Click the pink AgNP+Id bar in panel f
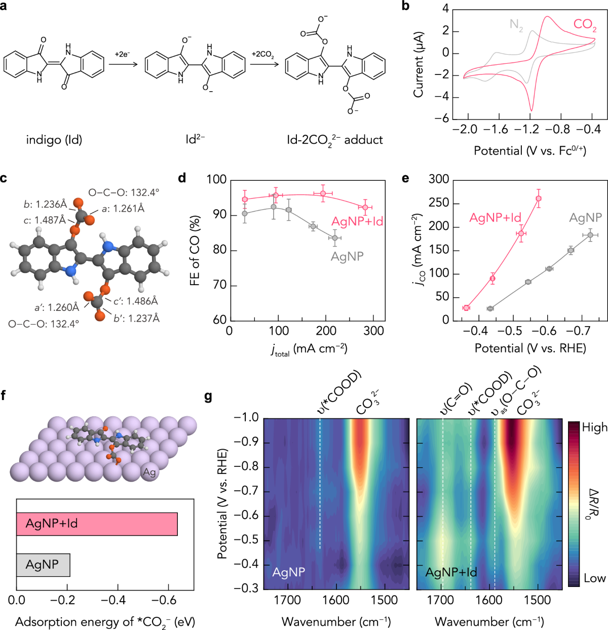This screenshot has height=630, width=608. [97, 524]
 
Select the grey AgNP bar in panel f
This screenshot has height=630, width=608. [43, 565]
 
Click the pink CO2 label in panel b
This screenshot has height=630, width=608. [584, 24]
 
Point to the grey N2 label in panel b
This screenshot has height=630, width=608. [516, 25]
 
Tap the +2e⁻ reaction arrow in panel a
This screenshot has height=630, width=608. [123, 64]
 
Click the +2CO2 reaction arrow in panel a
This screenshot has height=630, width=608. [263, 64]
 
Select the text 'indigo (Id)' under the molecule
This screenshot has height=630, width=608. [54, 140]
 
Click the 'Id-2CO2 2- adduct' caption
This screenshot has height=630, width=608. [335, 140]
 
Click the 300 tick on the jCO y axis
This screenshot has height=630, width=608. [439, 179]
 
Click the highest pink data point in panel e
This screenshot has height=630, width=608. [539, 199]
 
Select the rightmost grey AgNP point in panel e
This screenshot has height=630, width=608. [590, 235]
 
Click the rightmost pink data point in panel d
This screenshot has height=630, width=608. [365, 207]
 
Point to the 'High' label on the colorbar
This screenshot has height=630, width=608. [594, 427]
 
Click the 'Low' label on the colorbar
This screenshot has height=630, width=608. [594, 578]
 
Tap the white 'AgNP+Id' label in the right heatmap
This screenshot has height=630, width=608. [451, 573]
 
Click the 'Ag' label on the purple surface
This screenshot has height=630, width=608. [149, 473]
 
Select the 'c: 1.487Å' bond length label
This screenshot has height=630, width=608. [45, 220]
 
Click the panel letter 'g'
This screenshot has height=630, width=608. [208, 396]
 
